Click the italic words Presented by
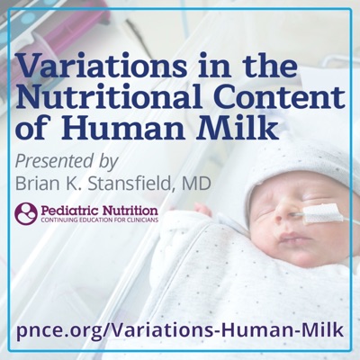(67, 162)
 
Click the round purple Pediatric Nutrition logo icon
(26, 213)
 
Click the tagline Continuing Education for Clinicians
(100, 220)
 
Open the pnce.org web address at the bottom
(180, 330)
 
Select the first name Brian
(35, 184)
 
